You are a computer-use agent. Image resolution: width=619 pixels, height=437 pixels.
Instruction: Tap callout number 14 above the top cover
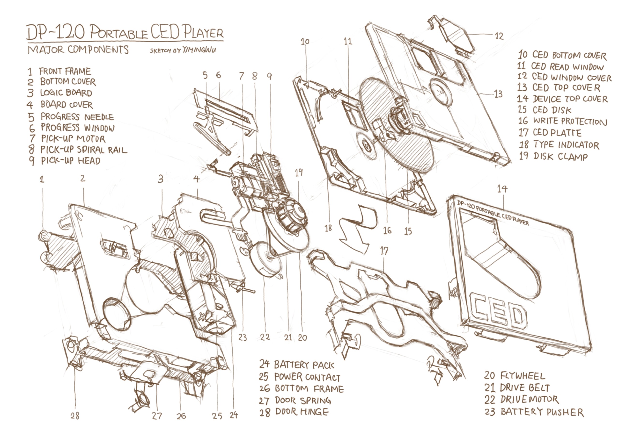pyautogui.click(x=502, y=189)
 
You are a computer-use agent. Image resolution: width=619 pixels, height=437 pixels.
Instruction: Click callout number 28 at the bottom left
pyautogui.click(x=75, y=416)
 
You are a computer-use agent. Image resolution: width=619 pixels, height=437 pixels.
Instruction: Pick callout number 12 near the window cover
pyautogui.click(x=499, y=36)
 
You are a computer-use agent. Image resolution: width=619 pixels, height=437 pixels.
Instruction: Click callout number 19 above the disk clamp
pyautogui.click(x=299, y=172)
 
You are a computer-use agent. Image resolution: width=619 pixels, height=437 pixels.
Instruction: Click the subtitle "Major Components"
pyautogui.click(x=78, y=50)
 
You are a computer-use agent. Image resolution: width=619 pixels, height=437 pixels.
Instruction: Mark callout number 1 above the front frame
pyautogui.click(x=42, y=179)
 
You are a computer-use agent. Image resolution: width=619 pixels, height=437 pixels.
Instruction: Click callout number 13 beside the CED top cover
pyautogui.click(x=498, y=94)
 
